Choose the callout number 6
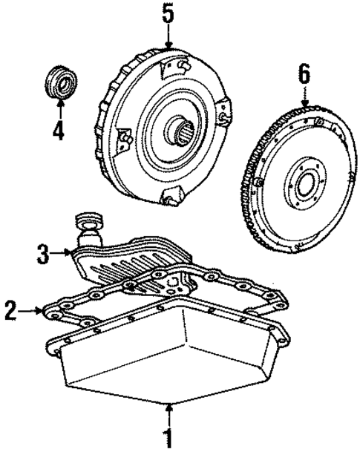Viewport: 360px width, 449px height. pos(304,74)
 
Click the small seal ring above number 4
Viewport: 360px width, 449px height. pos(58,80)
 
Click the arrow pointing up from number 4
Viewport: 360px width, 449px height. pos(58,108)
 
